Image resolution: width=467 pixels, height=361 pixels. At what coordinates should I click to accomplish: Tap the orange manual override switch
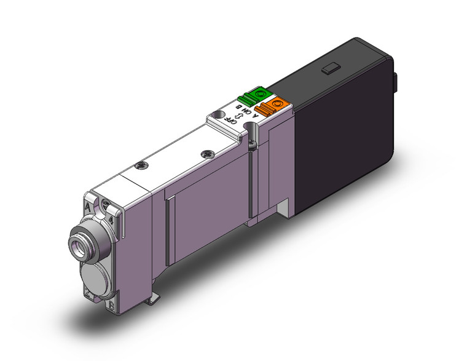click(272, 106)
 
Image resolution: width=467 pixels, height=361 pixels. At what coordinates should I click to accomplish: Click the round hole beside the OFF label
click(217, 116)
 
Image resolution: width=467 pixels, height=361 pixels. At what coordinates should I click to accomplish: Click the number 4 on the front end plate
click(109, 218)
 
